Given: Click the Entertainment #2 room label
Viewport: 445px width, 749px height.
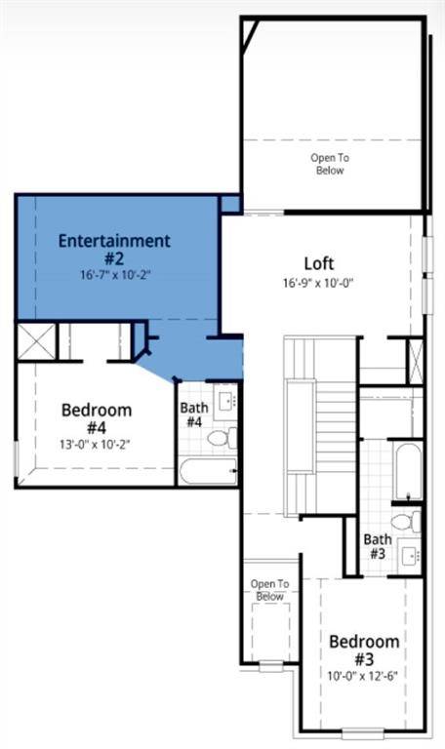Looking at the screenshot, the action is (114, 249).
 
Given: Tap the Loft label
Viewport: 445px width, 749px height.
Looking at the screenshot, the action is (319, 263).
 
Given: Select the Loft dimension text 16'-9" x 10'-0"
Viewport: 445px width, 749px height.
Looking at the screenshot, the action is (318, 283).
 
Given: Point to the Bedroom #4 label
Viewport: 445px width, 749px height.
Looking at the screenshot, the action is (97, 418).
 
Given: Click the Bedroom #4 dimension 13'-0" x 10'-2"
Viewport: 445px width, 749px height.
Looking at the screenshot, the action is (95, 445).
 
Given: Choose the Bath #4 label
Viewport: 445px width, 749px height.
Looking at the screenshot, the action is (194, 414).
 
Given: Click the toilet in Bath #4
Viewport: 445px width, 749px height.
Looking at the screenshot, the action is (222, 437).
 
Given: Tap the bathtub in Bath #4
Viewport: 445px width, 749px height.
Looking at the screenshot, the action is (209, 470).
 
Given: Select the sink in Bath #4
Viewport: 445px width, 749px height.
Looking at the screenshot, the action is (225, 402).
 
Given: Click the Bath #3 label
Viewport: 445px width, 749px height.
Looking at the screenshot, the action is (378, 546).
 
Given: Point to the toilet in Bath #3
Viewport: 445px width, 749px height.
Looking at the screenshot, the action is (406, 521).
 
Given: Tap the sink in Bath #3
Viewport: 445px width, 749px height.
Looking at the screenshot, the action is (410, 555).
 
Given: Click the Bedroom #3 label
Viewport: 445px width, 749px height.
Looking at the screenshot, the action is (364, 650).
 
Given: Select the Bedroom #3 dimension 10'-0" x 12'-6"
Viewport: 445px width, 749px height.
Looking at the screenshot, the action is (363, 676).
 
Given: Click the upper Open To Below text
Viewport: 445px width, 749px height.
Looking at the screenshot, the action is (330, 164).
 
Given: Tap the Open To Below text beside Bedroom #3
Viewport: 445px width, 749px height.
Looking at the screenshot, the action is (269, 590).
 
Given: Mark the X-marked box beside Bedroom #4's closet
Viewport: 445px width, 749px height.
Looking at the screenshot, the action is (37, 341).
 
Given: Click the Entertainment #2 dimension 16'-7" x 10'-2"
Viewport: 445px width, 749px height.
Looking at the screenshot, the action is (116, 275).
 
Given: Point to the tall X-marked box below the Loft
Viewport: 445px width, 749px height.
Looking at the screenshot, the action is (415, 361).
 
